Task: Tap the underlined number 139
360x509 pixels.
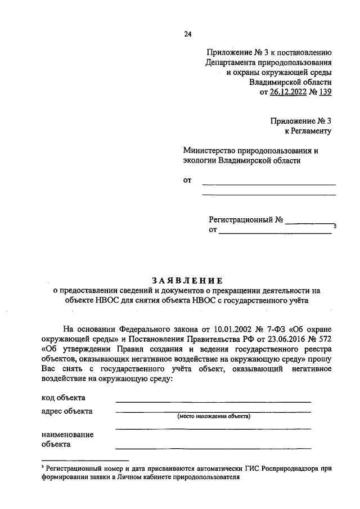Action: click(x=325, y=93)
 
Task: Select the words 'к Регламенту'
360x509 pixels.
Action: click(x=308, y=131)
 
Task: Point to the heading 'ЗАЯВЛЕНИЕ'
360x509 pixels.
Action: click(x=187, y=280)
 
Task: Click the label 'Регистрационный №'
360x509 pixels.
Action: click(x=246, y=220)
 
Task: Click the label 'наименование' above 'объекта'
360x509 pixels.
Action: click(x=67, y=434)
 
